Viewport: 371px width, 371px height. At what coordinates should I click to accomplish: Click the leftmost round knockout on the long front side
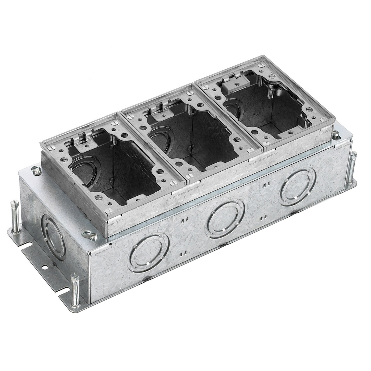tap(148, 253)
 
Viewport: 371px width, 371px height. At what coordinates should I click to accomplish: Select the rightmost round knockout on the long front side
tap(298, 187)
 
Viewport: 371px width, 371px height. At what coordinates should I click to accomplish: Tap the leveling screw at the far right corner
tap(351, 168)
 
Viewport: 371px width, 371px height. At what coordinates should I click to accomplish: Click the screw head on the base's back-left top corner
tap(37, 170)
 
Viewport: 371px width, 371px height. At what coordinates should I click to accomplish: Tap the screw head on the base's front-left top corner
tap(90, 236)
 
